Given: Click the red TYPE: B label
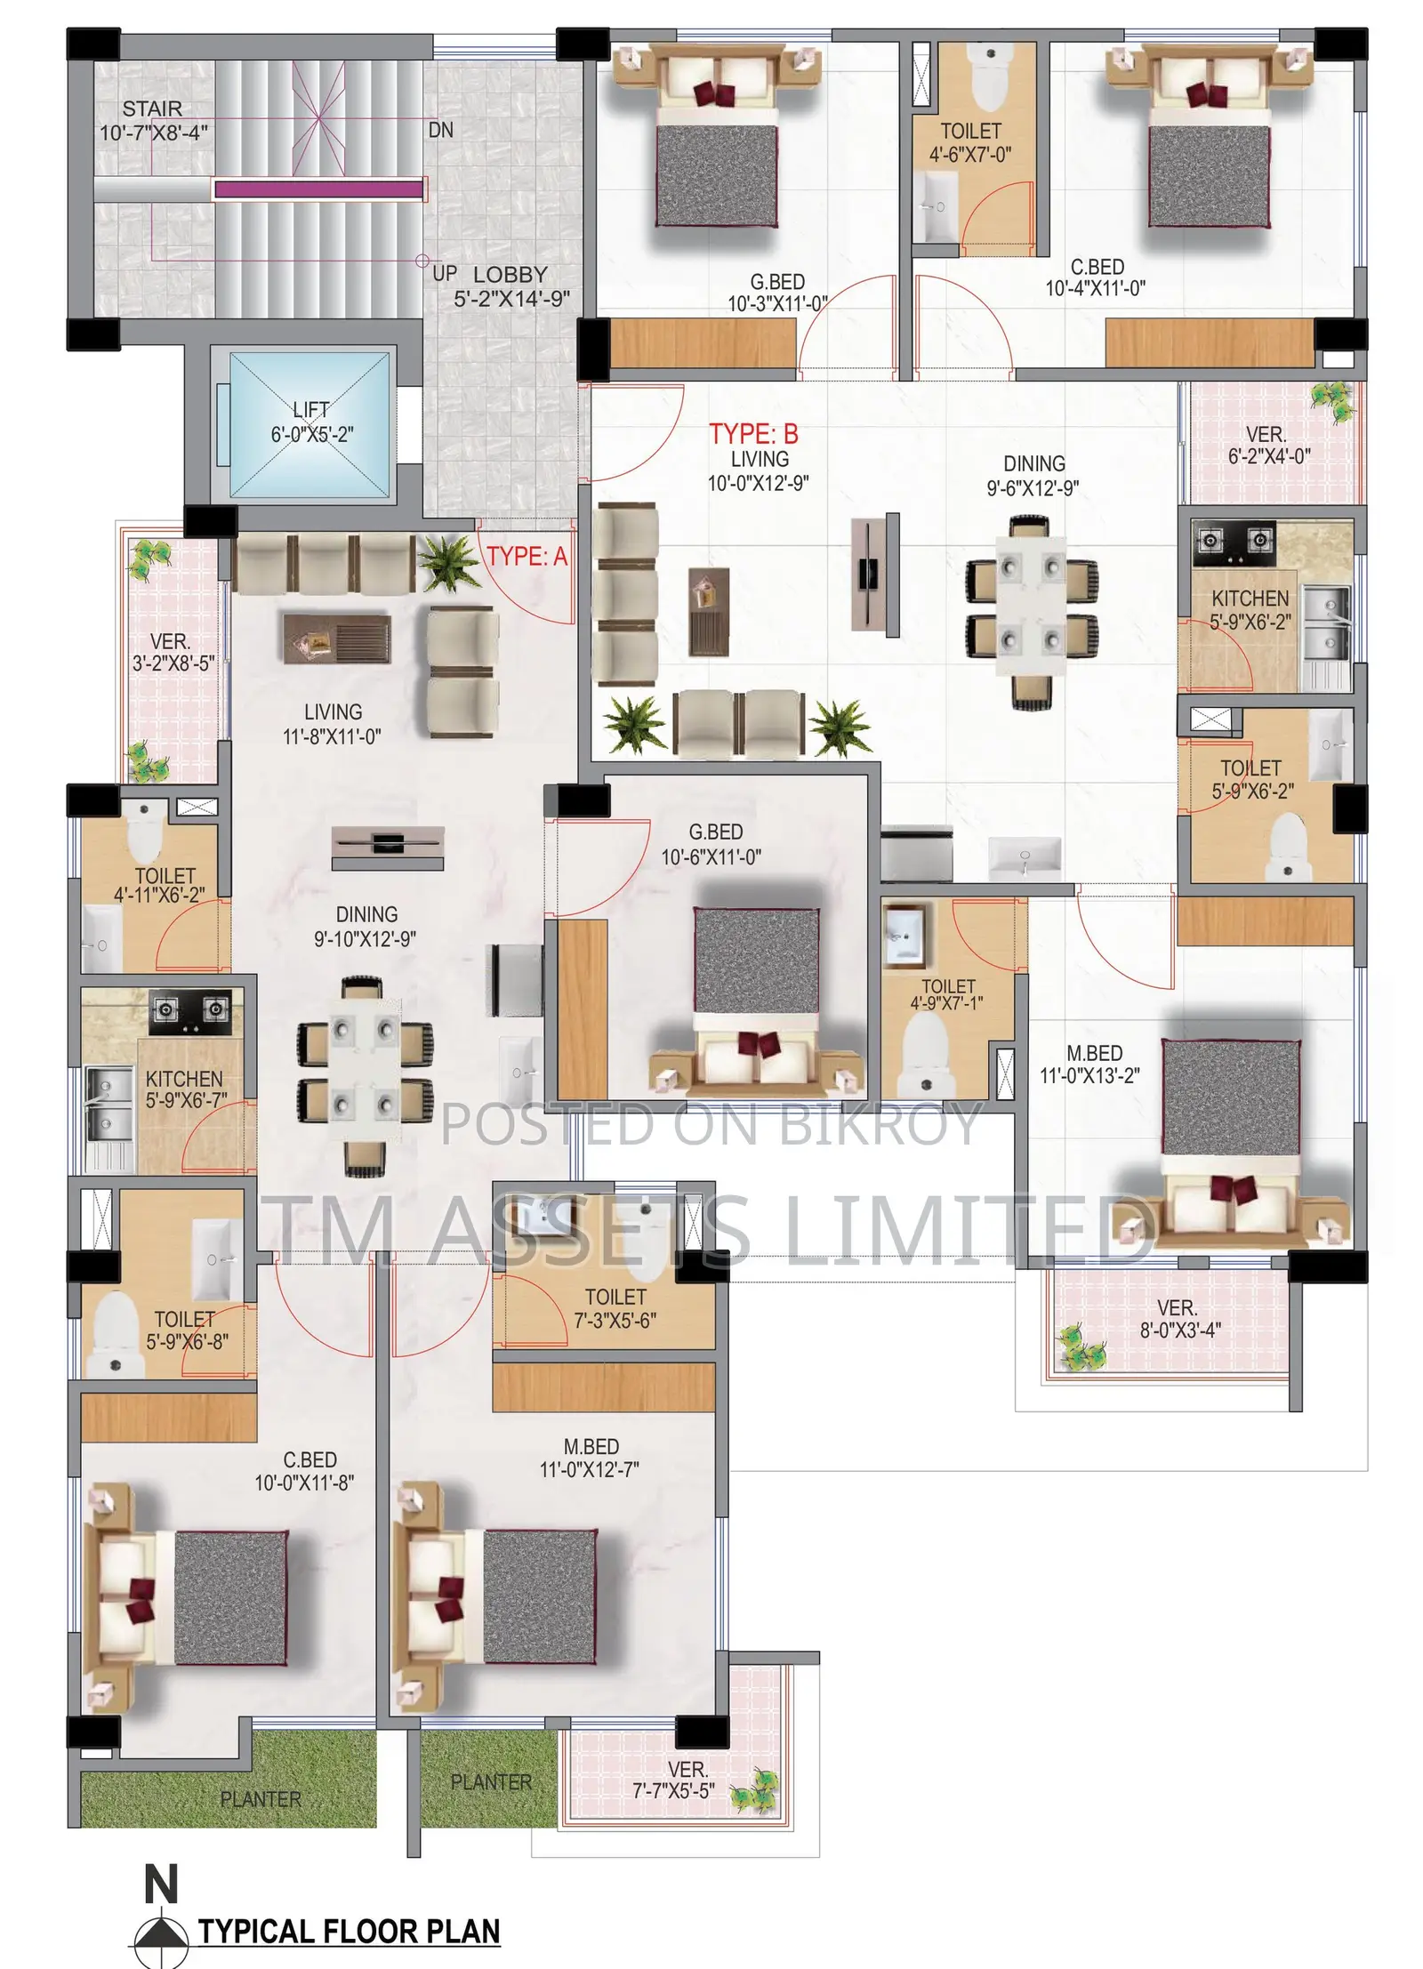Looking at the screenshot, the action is coord(752,433).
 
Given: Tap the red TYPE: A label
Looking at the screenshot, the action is coord(527,556).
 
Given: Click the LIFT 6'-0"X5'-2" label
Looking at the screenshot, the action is coord(311,422).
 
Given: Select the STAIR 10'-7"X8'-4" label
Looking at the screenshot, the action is coord(153,120).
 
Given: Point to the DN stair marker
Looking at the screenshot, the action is coord(440,130).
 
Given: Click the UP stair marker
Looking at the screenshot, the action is coord(445,273).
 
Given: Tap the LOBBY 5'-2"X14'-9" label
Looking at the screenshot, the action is coord(511,286).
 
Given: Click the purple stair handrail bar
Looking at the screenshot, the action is coord(318,189).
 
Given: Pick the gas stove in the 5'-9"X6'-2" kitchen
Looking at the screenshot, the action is coord(1234,542).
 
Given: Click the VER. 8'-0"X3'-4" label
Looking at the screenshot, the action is coord(1179,1319).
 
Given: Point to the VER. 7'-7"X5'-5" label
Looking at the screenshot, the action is coord(673,1780).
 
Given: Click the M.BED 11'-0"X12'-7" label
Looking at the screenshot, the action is coord(590,1458).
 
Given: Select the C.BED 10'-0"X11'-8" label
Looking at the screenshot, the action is coord(304,1471).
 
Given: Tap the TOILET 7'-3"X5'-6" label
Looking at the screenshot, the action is coord(615,1308).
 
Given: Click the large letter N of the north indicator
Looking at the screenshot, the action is coord(161,1884).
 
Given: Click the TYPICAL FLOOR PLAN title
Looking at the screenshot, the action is coord(349,1932).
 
